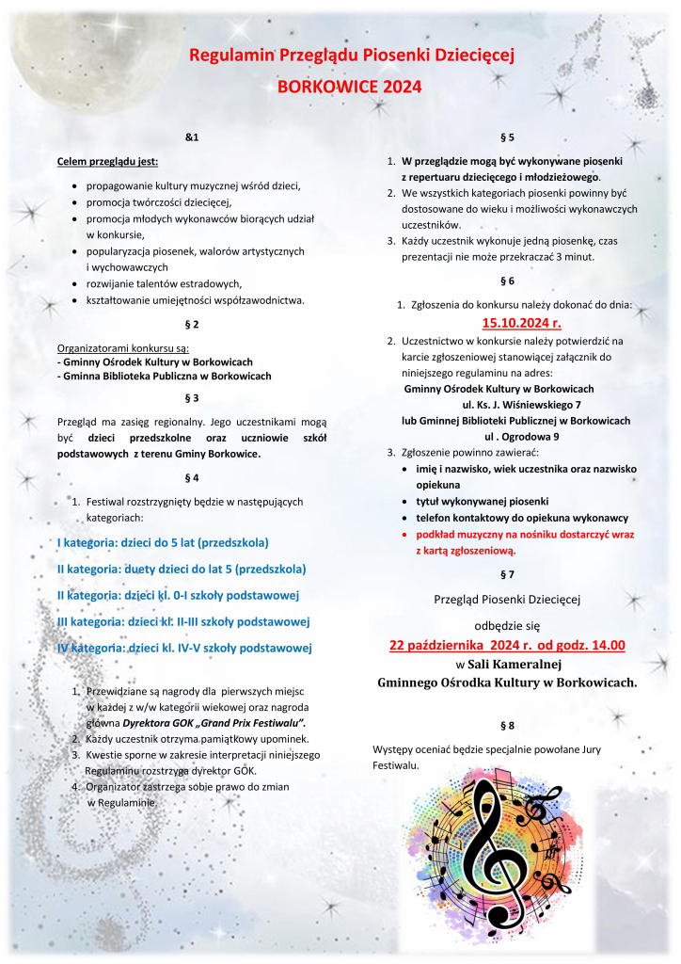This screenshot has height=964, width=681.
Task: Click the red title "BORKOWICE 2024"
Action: point(349,86)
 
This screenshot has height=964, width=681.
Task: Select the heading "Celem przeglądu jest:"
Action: point(107,162)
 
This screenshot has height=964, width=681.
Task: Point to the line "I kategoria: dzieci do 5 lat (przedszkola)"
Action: point(164,543)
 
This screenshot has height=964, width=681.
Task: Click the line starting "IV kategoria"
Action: point(184,648)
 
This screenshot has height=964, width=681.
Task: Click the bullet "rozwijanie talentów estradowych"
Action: point(165,283)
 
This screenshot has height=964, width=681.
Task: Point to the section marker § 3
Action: point(192,397)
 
